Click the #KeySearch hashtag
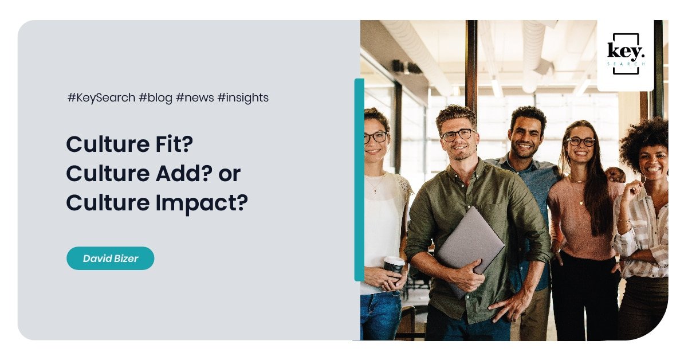pyautogui.click(x=101, y=98)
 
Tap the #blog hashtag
pyautogui.click(x=155, y=98)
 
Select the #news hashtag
pyautogui.click(x=195, y=98)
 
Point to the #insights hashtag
pyautogui.click(x=243, y=98)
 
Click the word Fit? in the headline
pyautogui.click(x=174, y=144)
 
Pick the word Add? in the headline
pyautogui.click(x=184, y=173)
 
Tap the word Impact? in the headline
pyautogui.click(x=202, y=204)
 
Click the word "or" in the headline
pyautogui.click(x=230, y=175)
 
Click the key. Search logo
pyautogui.click(x=626, y=54)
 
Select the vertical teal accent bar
pyautogui.click(x=359, y=180)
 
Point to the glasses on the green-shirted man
pyautogui.click(x=458, y=135)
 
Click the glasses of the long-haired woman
pyautogui.click(x=581, y=142)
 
